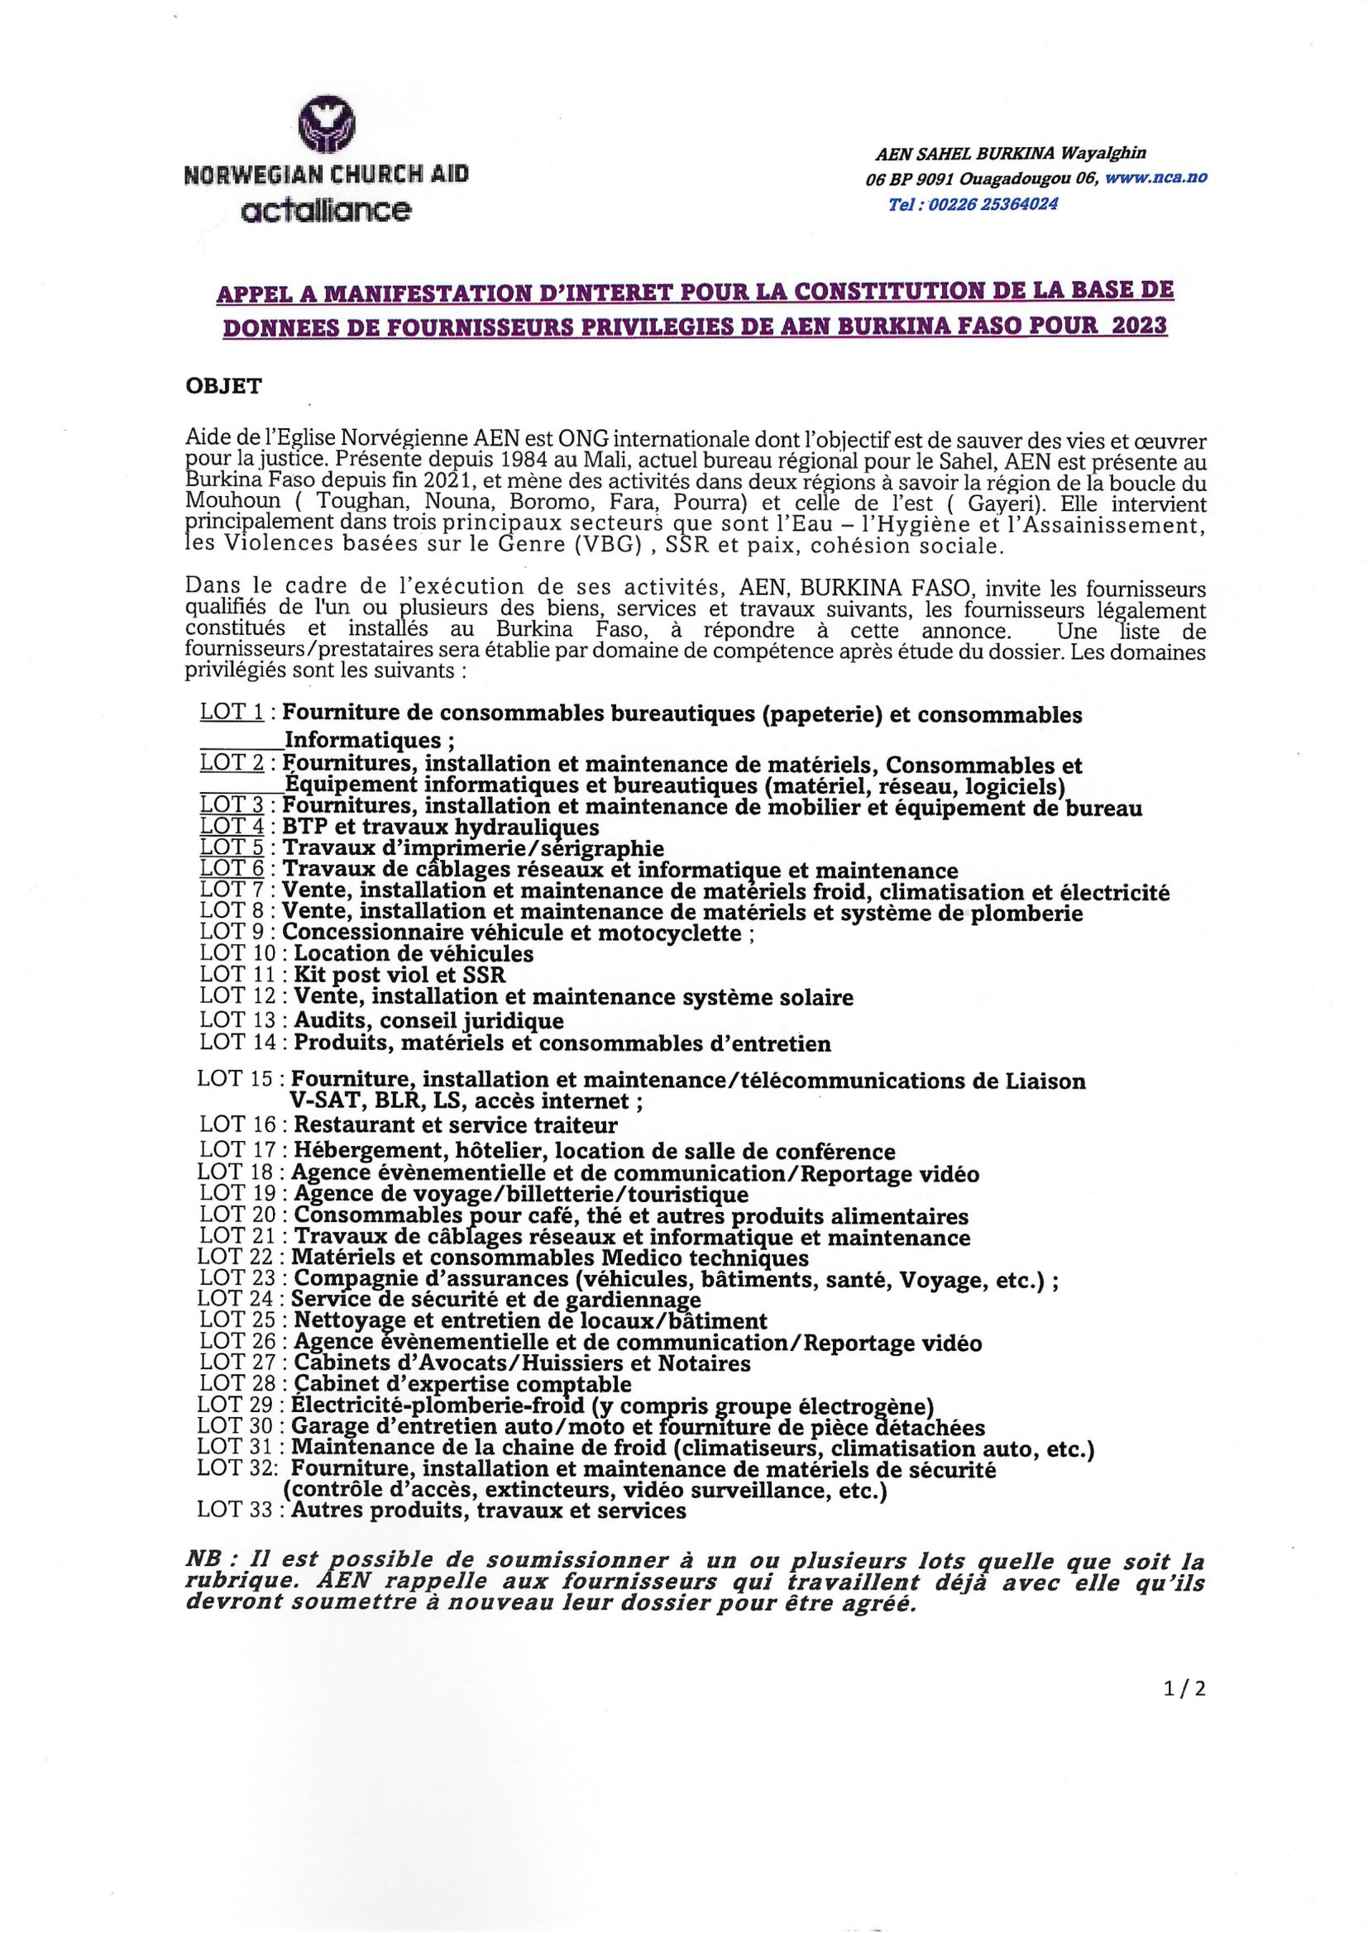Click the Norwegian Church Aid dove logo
coord(326,121)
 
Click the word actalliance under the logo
coord(326,210)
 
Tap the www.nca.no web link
coord(1155,178)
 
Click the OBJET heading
coord(224,386)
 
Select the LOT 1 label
coord(232,712)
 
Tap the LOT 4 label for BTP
coord(232,827)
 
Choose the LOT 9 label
coord(232,932)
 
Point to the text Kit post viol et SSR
coord(399,975)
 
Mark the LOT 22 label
coord(237,1257)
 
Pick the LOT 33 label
coord(237,1510)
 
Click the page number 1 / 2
coord(1184,1688)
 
